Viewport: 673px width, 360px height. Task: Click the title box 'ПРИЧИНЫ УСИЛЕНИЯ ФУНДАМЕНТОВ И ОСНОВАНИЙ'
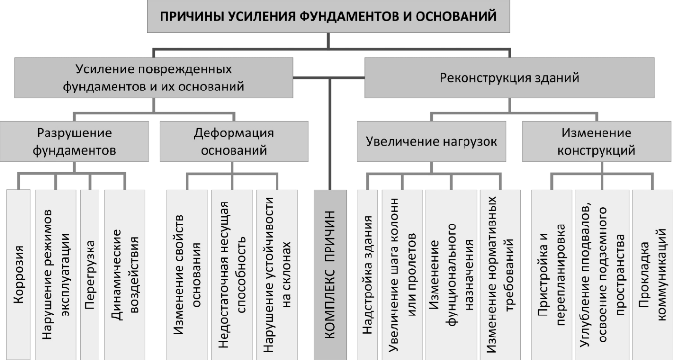[x=328, y=16]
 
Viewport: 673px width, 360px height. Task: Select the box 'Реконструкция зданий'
[x=509, y=78]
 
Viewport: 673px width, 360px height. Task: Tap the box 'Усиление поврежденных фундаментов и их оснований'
[x=154, y=78]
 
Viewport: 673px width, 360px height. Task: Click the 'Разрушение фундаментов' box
[x=74, y=141]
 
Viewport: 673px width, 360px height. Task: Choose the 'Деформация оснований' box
[x=234, y=141]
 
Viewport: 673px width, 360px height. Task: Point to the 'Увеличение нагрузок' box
[x=431, y=141]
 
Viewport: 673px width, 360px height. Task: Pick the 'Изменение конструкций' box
[x=597, y=141]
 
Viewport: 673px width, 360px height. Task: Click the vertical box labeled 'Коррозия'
[x=19, y=274]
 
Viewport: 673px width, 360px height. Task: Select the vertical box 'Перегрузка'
[x=90, y=274]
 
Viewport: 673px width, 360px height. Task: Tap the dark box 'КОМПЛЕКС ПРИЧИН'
[x=330, y=274]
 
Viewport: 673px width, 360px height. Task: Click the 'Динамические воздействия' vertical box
[x=125, y=274]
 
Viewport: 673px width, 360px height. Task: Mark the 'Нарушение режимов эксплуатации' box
[x=56, y=274]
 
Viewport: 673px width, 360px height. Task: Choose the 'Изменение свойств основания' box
[x=187, y=274]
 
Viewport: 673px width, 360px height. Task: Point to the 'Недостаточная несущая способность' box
[x=232, y=274]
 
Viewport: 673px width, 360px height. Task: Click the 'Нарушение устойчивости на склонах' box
[x=277, y=274]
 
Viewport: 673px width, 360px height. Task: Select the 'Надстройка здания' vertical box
[x=368, y=274]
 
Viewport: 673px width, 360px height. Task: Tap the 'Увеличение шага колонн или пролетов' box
[x=402, y=274]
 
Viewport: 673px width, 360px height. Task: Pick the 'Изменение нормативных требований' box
[x=500, y=274]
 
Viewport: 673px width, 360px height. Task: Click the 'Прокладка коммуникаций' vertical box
[x=652, y=274]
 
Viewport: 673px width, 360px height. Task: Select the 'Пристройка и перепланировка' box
[x=552, y=274]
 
